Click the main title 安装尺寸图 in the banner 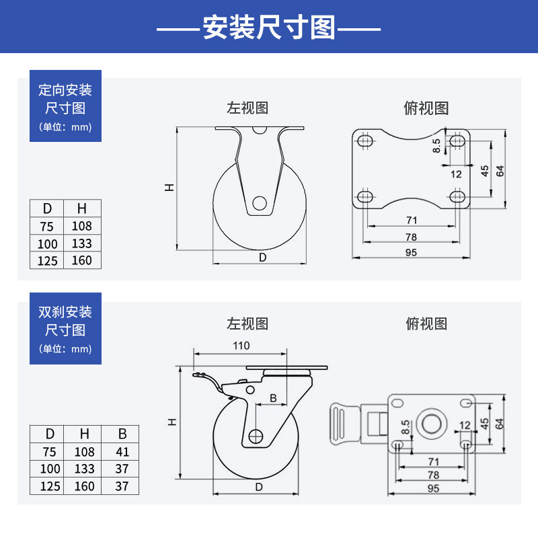click(x=268, y=27)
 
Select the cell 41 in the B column click(x=122, y=452)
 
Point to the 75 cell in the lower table click(x=46, y=452)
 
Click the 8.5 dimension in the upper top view click(x=436, y=145)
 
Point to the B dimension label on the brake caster click(x=273, y=398)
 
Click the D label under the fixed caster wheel click(x=263, y=257)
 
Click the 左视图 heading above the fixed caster click(x=247, y=108)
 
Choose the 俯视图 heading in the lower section click(x=426, y=323)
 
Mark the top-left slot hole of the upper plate click(x=366, y=141)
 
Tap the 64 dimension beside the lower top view click(x=500, y=423)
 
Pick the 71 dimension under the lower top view click(x=432, y=462)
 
